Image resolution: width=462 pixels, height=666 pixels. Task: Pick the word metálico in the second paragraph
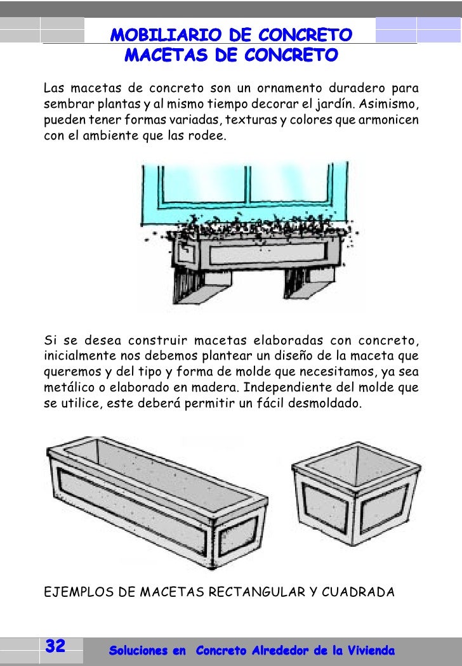pyautogui.click(x=68, y=386)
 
